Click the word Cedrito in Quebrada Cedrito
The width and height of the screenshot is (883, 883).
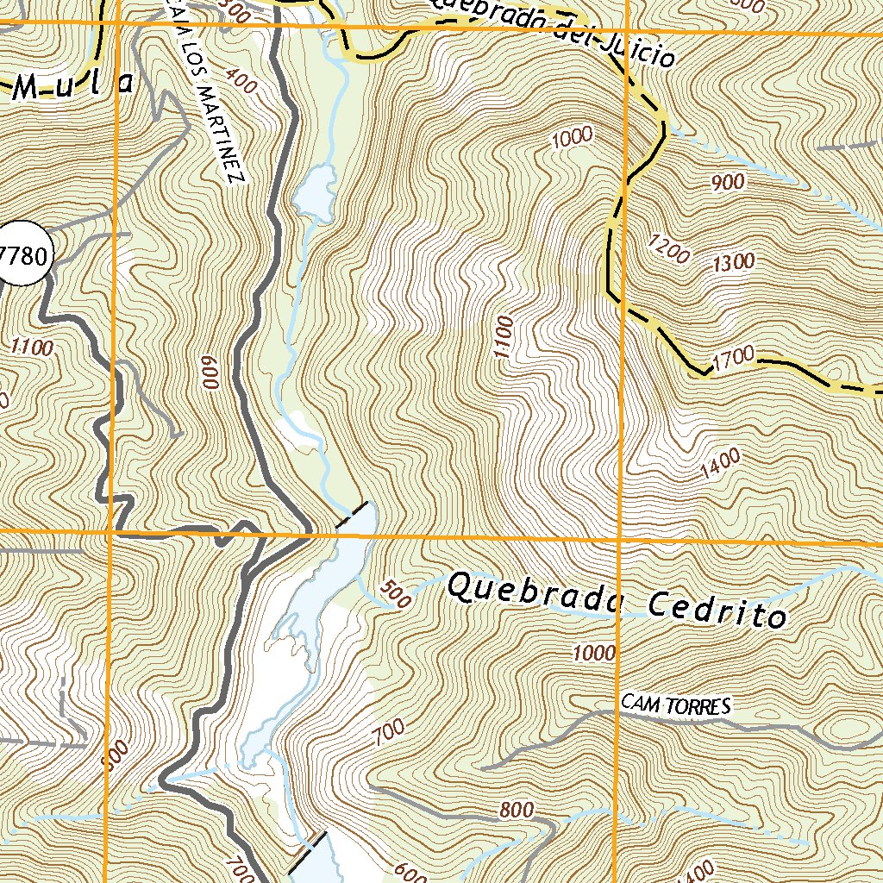coord(717,610)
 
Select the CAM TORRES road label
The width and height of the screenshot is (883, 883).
coord(676,706)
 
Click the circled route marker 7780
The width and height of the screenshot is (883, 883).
coord(24,256)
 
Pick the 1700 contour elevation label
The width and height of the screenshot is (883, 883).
coord(734,354)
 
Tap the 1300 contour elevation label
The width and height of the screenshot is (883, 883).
coord(734,261)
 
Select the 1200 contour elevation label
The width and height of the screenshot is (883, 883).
coord(672,250)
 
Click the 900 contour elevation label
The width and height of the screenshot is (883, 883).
coord(729,182)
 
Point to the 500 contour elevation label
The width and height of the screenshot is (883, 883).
coord(395,596)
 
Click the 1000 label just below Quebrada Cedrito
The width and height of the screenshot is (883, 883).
coord(594,653)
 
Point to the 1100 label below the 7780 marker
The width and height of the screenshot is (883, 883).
coord(33,348)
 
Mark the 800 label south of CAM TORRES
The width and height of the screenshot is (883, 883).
coord(516,811)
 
